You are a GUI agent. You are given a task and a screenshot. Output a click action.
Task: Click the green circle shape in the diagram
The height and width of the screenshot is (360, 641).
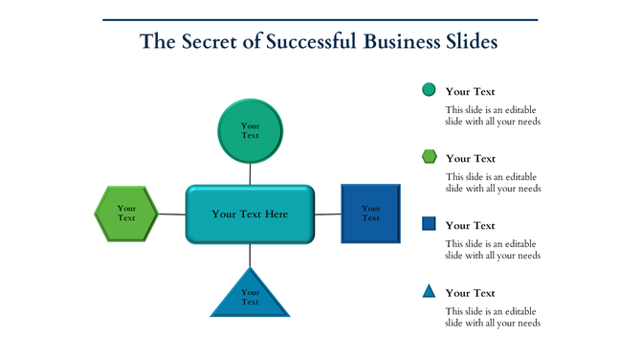pos(251,130)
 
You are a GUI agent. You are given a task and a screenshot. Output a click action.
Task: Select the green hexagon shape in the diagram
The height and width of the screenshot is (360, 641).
pos(126,214)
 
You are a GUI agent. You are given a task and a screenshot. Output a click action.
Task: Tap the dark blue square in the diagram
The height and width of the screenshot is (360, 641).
pos(370,213)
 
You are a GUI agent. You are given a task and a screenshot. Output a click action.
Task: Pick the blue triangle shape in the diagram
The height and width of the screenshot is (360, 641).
pos(250,296)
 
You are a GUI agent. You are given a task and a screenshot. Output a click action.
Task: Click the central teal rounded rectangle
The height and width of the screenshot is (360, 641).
pos(250,214)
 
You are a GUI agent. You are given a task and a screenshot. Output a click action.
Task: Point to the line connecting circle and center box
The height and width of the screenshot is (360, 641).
pos(251,174)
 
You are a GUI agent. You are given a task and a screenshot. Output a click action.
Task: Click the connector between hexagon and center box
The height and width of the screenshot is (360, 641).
pos(171,214)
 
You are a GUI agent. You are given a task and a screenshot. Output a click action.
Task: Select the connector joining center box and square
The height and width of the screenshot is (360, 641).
pos(328,214)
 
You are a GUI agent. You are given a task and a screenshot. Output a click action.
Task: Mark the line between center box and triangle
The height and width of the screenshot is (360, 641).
pos(250,256)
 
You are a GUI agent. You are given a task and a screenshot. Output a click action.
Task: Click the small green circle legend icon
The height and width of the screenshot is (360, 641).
pos(429,90)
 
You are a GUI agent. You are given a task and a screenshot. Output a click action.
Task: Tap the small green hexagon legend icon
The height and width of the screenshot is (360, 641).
pos(429,157)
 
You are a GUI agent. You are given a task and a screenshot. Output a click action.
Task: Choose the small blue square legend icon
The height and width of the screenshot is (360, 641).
pos(429,224)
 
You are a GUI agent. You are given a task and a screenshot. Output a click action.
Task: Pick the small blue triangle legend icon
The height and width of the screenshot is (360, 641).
pos(429,291)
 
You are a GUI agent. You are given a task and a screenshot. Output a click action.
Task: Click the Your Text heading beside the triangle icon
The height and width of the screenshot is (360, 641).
pos(470,293)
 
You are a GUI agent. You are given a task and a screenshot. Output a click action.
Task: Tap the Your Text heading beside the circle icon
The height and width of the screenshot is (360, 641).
pos(470,92)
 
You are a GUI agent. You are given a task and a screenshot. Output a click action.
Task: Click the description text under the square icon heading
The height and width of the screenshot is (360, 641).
pos(493,250)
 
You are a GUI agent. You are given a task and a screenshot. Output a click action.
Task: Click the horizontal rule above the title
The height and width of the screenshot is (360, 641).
pos(320,19)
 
